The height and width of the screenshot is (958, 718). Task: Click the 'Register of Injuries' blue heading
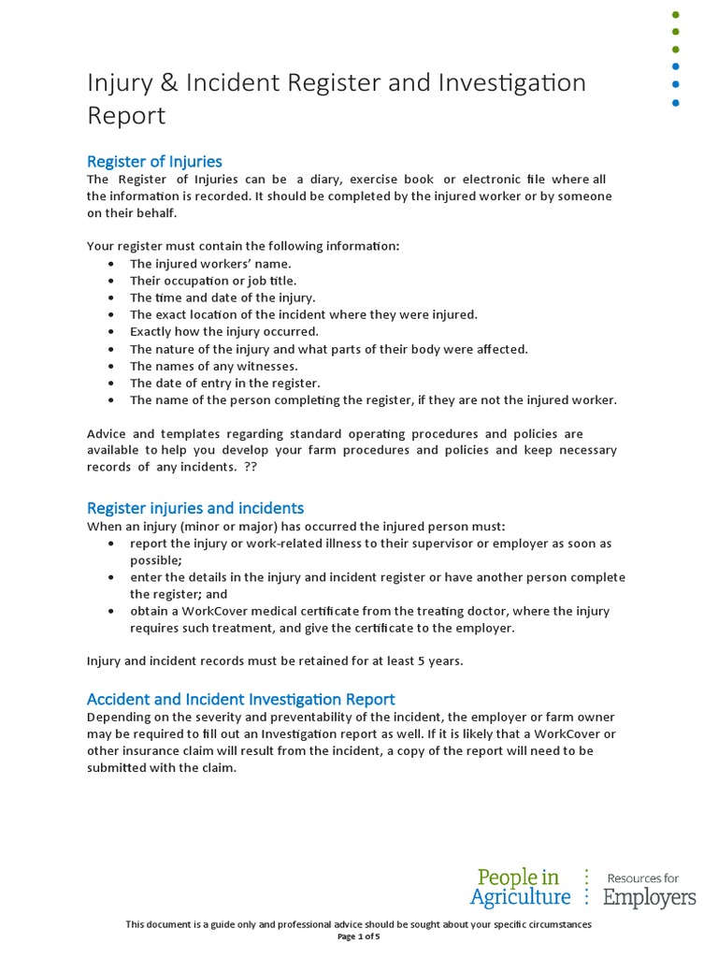[154, 161]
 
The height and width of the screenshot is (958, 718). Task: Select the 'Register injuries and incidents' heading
[194, 508]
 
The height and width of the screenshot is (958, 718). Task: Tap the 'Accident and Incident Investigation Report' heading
[240, 699]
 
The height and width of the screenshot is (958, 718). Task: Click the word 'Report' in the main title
[126, 115]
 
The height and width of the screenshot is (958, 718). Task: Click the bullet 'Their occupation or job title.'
[212, 281]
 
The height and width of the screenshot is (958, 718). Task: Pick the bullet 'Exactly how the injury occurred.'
[223, 331]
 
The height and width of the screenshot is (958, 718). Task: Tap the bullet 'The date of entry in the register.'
[224, 383]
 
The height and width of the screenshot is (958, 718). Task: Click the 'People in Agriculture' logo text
[520, 887]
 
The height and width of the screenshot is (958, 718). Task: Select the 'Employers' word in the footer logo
[649, 898]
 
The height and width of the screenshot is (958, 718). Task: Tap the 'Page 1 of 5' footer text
[358, 936]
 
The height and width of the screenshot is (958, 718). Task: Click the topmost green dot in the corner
[676, 15]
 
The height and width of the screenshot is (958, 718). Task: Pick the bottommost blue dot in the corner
[676, 103]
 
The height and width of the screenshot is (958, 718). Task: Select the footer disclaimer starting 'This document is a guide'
[358, 924]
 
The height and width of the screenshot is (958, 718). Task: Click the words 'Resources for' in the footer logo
[643, 878]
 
